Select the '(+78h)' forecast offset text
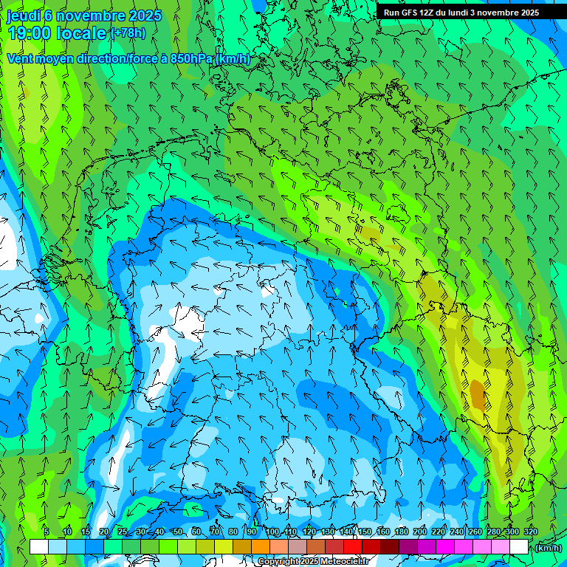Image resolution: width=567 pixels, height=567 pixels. coord(127,33)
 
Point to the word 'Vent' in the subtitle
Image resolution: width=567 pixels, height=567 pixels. coord(21,58)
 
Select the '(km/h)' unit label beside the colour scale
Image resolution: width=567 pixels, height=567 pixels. coord(548,548)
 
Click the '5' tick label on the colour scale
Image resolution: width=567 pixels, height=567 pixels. coord(47,532)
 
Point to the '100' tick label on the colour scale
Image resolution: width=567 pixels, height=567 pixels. coord(272,532)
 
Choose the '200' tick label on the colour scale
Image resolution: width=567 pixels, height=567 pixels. coord(420,532)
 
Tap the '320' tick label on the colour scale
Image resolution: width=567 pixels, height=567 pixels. coord(531,532)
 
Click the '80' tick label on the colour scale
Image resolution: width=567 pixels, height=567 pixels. coord(233,532)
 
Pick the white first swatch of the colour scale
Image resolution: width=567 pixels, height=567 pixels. coord(39,547)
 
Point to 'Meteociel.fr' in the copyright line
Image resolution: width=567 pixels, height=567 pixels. coord(344,562)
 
